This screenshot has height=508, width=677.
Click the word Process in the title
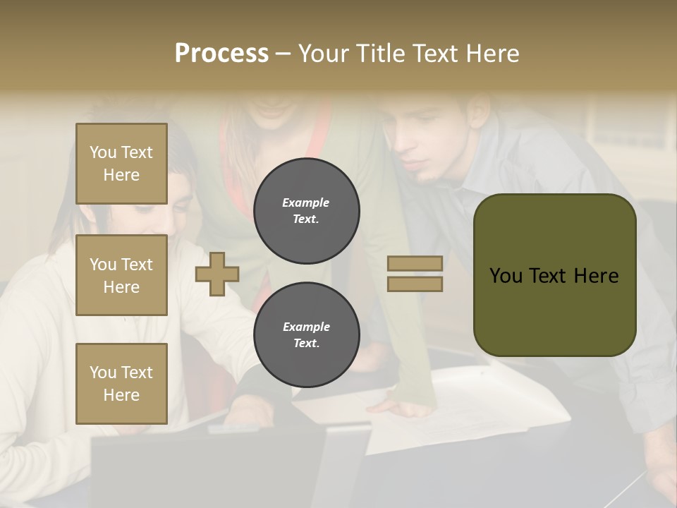pyautogui.click(x=221, y=54)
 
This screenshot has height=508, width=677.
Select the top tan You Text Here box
pyautogui.click(x=121, y=164)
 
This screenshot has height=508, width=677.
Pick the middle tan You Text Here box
pyautogui.click(x=121, y=275)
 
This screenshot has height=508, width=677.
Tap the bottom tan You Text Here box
pyautogui.click(x=121, y=384)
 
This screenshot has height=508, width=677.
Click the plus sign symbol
pyautogui.click(x=217, y=274)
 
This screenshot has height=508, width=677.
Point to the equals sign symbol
pyautogui.click(x=415, y=274)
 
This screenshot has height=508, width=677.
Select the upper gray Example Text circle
pyautogui.click(x=307, y=211)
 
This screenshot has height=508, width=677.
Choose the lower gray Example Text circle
pyautogui.click(x=307, y=335)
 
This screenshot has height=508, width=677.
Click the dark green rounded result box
pyautogui.click(x=554, y=275)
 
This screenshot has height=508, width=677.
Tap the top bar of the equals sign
pyautogui.click(x=415, y=264)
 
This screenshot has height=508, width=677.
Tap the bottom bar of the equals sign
pyautogui.click(x=415, y=284)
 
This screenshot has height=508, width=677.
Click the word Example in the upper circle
pyautogui.click(x=306, y=202)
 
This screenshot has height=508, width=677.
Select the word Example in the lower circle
pyautogui.click(x=306, y=327)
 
